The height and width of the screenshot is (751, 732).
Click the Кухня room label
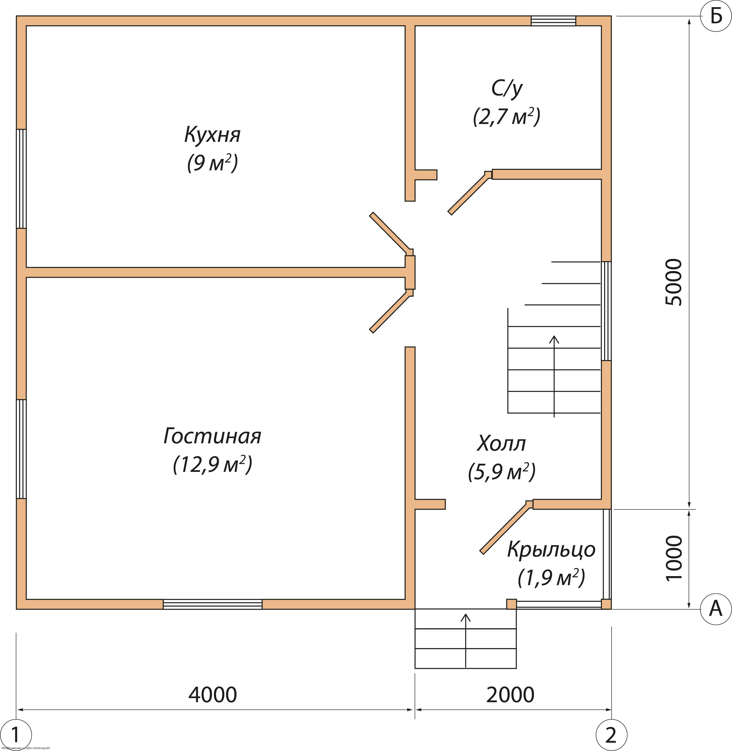(212, 135)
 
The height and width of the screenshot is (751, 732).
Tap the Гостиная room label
(212, 436)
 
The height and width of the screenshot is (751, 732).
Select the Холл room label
(501, 444)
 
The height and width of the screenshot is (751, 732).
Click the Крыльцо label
(551, 550)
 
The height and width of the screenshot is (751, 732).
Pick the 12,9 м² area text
(212, 465)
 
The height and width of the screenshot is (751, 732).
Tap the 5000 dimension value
(673, 282)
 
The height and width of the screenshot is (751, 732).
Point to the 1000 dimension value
(673, 558)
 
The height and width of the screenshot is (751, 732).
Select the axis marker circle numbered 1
(16, 735)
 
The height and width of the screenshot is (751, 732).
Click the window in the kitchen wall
(21, 179)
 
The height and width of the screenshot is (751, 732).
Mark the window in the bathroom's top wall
(553, 21)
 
